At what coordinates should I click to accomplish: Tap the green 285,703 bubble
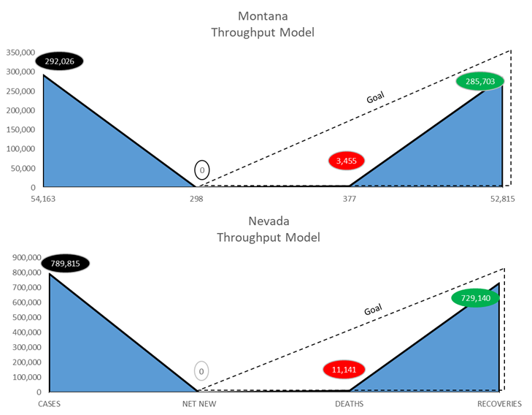[479, 81]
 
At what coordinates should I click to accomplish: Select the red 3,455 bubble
[347, 159]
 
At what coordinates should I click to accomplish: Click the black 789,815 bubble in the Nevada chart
[65, 264]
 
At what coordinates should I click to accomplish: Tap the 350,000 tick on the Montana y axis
[21, 53]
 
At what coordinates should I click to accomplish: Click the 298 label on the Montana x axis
[196, 198]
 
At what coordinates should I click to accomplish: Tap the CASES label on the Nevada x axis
[48, 403]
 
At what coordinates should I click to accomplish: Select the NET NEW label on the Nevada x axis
[198, 403]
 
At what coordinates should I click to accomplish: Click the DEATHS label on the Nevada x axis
[349, 403]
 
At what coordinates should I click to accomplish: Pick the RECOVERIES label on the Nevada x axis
[499, 403]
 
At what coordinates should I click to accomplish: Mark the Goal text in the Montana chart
[375, 97]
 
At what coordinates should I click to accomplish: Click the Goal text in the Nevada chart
[373, 310]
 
